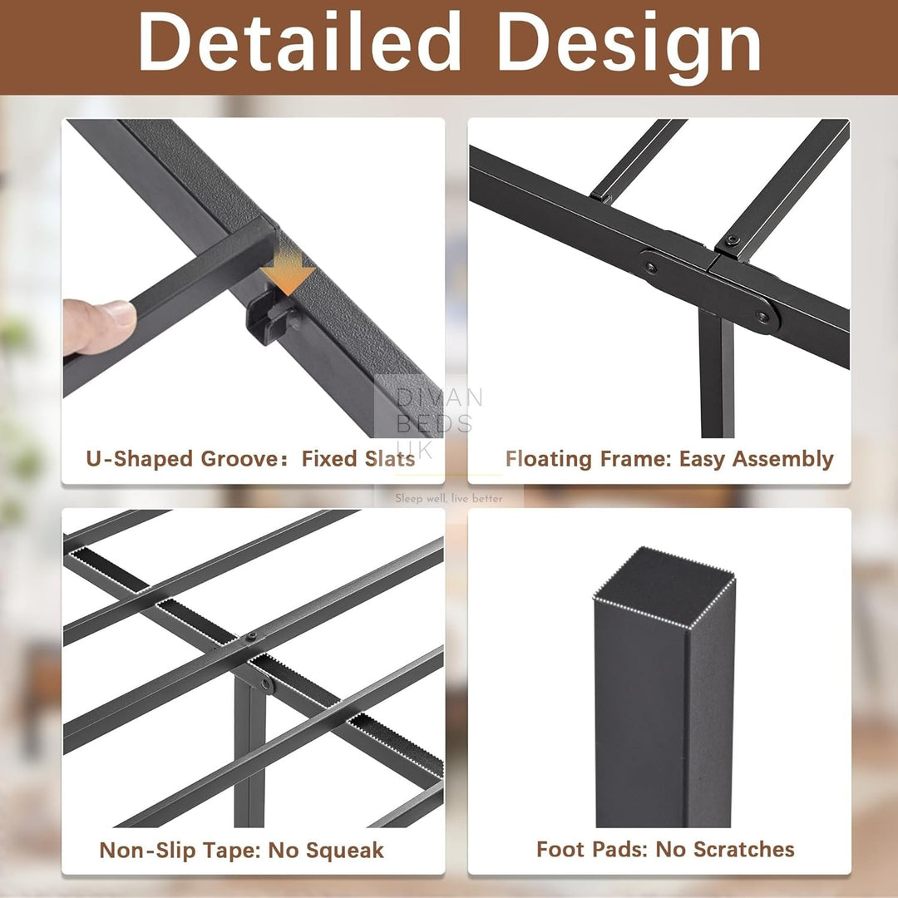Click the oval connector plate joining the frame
[x=709, y=291]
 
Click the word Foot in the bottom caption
[x=561, y=849]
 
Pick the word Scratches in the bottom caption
[x=744, y=849]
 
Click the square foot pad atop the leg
[x=664, y=587]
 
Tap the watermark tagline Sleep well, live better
[x=448, y=498]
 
